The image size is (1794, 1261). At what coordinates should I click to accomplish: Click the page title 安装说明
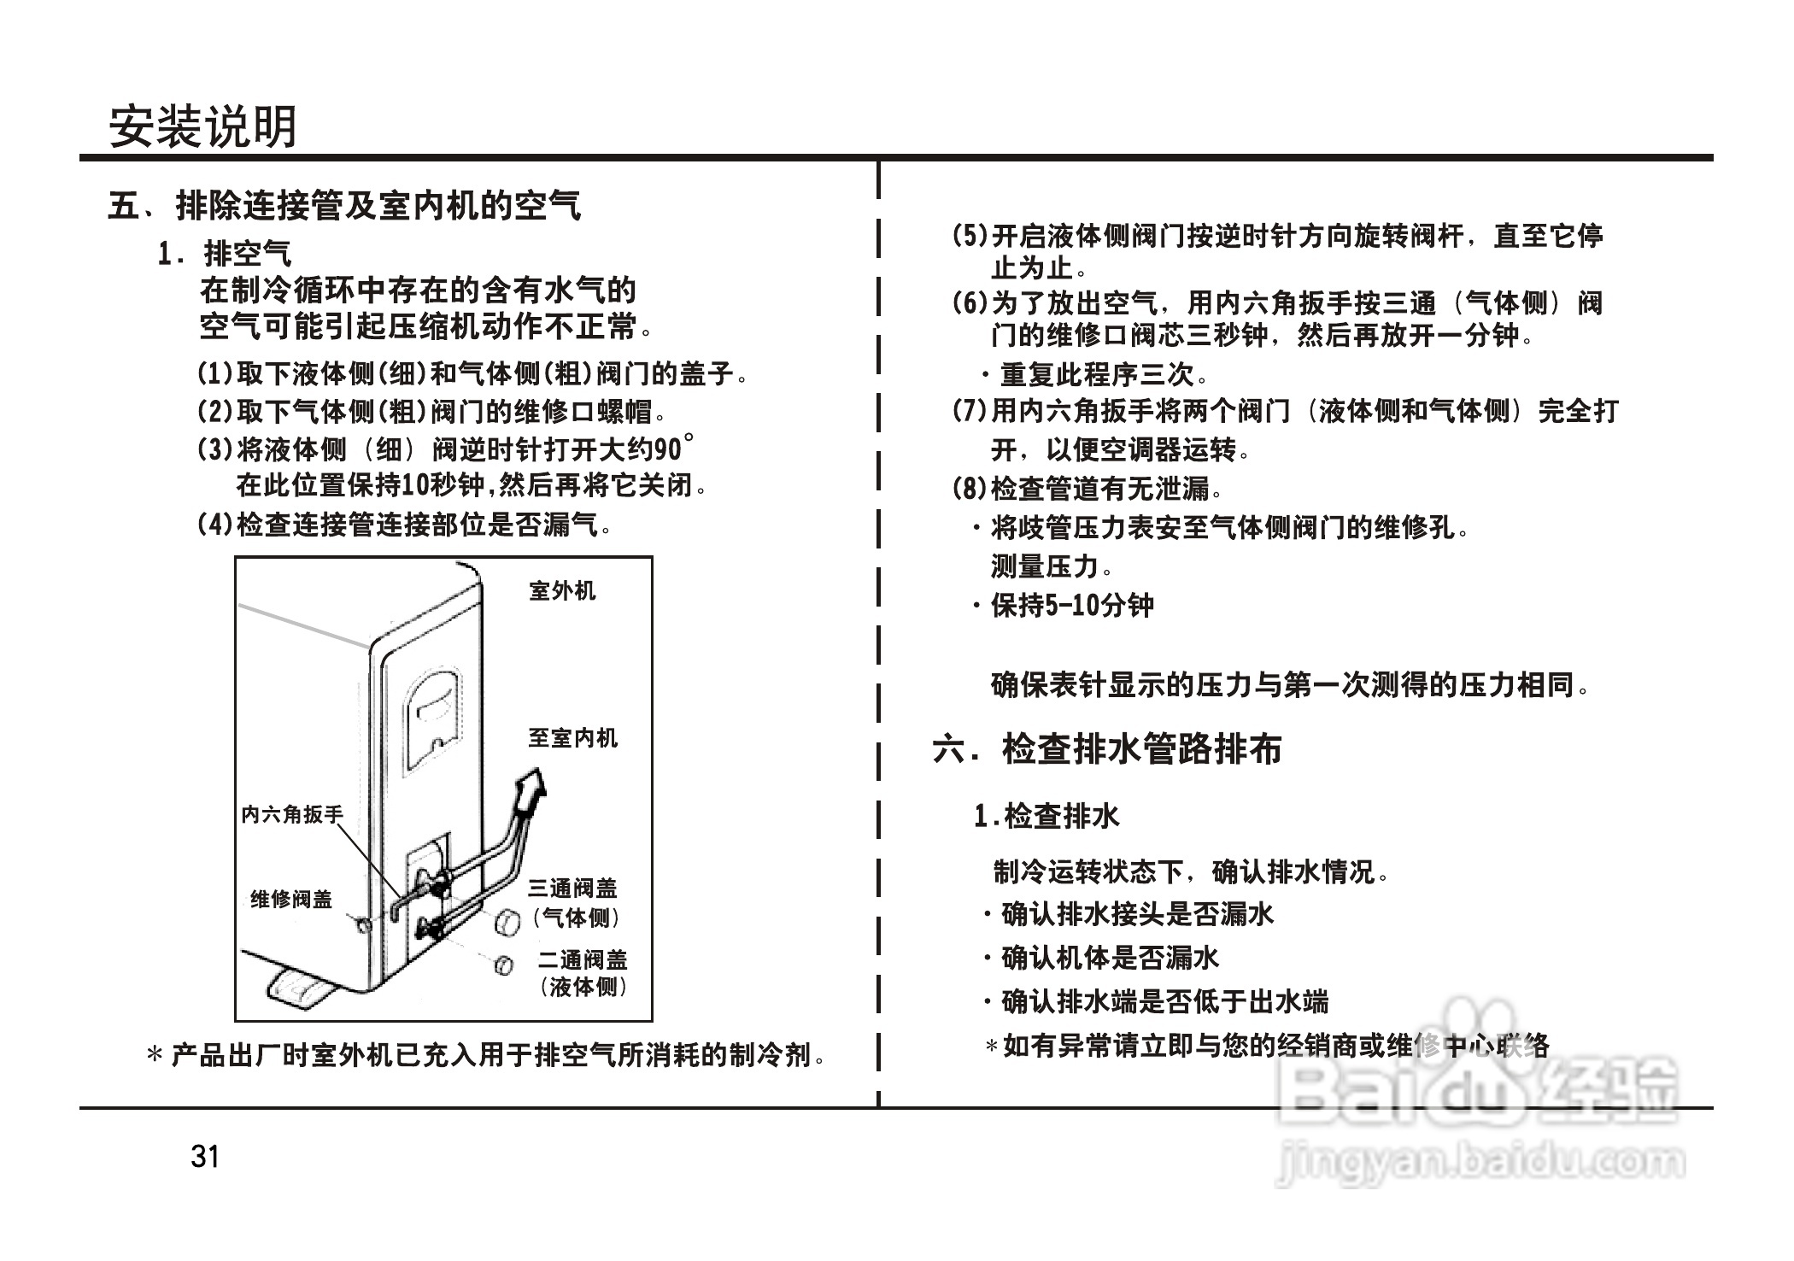[202, 127]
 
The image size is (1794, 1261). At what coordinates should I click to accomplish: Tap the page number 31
[205, 1157]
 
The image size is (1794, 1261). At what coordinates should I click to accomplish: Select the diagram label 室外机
[562, 591]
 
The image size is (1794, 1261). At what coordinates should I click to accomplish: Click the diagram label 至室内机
[572, 738]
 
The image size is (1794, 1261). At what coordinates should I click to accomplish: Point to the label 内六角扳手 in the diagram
[291, 815]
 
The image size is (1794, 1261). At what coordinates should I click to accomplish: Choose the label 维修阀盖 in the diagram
[291, 900]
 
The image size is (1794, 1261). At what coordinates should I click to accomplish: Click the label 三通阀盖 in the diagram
[572, 889]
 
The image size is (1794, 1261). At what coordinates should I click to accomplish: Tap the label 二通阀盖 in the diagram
[583, 960]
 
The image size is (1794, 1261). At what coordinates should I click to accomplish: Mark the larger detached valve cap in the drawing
[507, 923]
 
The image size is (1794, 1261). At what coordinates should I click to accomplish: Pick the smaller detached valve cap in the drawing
[503, 965]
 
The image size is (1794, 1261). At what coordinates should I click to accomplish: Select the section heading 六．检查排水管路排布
[1107, 749]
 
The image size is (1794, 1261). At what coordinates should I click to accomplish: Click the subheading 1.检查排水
[1046, 817]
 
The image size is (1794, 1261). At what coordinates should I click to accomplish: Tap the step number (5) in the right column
[970, 236]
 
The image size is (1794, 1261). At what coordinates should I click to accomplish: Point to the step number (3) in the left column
[214, 449]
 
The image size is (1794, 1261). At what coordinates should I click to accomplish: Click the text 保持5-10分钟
[1072, 606]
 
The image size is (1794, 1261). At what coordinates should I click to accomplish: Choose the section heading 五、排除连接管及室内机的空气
[344, 206]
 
